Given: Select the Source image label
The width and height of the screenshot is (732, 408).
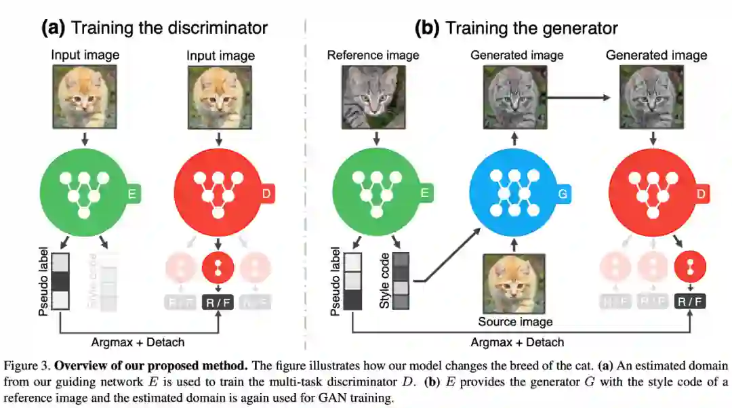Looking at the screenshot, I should coord(515,322).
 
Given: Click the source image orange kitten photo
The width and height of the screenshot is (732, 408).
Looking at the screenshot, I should coord(515,283).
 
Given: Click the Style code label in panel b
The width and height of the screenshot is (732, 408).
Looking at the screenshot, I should coord(385,281).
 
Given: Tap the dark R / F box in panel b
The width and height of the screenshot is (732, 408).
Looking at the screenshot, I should coord(689,302).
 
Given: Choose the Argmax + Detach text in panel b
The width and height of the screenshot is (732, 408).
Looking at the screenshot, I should coord(517,342).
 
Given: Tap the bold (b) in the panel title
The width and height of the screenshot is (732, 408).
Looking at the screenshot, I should coord(428,28).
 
